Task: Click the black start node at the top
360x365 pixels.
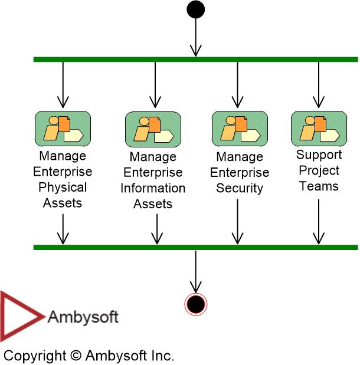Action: point(195,9)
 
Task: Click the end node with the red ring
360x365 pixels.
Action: point(195,304)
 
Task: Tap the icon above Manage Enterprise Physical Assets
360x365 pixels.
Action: point(63,128)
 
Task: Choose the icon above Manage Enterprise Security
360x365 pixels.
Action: point(240,128)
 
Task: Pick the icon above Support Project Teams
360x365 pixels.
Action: point(319,128)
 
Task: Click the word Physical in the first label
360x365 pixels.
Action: point(63,188)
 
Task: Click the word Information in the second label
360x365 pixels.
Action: point(153,189)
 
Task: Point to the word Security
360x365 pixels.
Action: point(240,189)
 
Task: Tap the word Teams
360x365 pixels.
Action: point(319,186)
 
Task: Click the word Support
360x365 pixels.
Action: point(319,155)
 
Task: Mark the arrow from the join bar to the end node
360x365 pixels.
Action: point(195,271)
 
